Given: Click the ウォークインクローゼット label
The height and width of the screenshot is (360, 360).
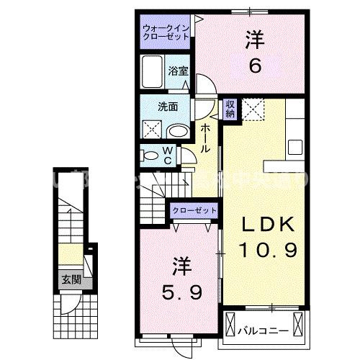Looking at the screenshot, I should (166, 30).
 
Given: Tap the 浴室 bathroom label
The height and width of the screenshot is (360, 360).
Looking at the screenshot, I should (179, 71).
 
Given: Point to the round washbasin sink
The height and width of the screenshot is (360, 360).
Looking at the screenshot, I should (178, 131).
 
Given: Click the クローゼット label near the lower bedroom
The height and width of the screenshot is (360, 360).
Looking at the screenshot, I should (193, 210).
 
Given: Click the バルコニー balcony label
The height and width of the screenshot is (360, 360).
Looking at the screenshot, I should (264, 331).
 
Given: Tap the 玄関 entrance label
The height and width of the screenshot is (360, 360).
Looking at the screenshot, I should (70, 279).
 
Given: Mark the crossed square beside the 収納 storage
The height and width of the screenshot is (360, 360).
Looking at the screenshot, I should (253, 109).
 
